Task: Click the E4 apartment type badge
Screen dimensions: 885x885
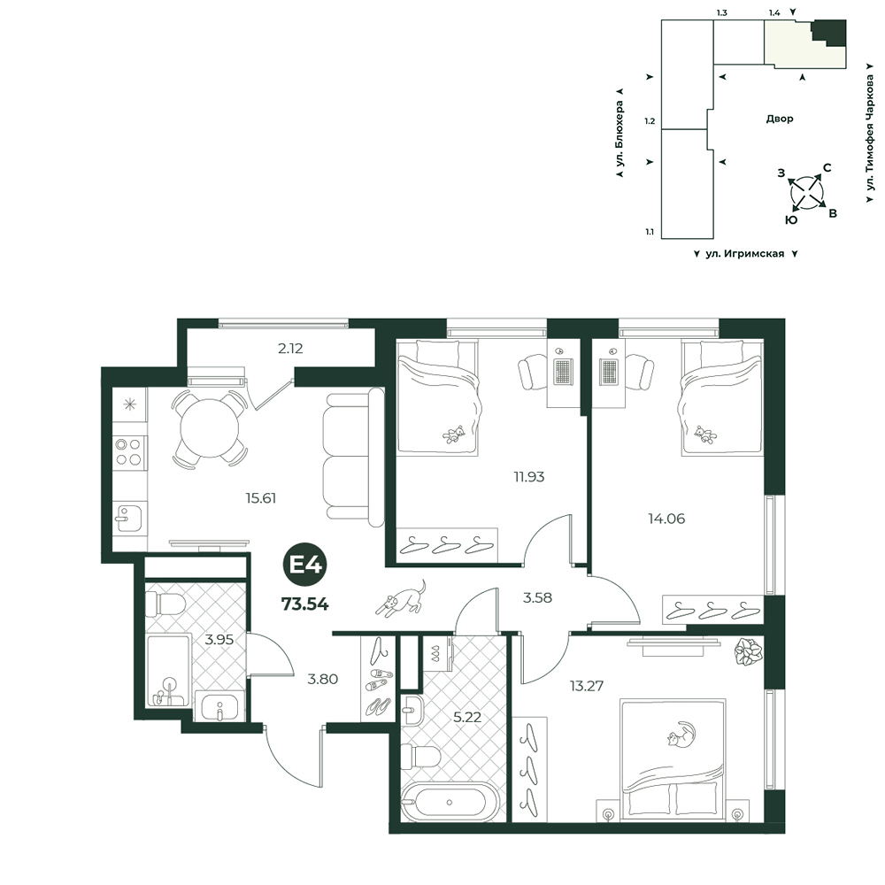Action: pyautogui.click(x=305, y=565)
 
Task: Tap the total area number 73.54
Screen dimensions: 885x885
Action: pyautogui.click(x=304, y=604)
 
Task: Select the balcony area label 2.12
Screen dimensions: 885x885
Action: pyautogui.click(x=290, y=348)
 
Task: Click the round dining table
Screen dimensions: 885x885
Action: pyautogui.click(x=210, y=428)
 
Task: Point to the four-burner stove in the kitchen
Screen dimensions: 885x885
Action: pyautogui.click(x=128, y=452)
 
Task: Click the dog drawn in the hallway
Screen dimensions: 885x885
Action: pyautogui.click(x=401, y=597)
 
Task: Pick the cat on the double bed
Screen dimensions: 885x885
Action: pyautogui.click(x=681, y=735)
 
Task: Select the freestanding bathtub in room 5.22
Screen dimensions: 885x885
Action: pyautogui.click(x=450, y=802)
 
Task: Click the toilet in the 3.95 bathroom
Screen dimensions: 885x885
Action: pyautogui.click(x=165, y=604)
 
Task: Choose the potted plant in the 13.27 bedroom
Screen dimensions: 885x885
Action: pyautogui.click(x=749, y=652)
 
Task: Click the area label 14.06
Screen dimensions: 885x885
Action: pyautogui.click(x=666, y=518)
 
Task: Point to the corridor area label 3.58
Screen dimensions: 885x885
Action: pyautogui.click(x=537, y=597)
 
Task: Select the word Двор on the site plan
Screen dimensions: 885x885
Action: pyautogui.click(x=780, y=119)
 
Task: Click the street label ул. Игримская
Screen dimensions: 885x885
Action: pyautogui.click(x=745, y=254)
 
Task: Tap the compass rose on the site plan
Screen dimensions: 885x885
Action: pyautogui.click(x=806, y=192)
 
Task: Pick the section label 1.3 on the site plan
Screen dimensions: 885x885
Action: pyautogui.click(x=721, y=13)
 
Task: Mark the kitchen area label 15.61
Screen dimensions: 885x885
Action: pyautogui.click(x=260, y=497)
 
